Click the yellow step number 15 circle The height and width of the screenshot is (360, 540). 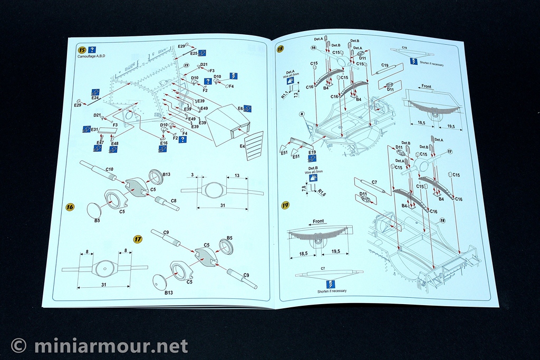[x=82, y=50]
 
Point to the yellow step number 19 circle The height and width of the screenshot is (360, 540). [x=285, y=205]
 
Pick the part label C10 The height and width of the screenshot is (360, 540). [x=110, y=169]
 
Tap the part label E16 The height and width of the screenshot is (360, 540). [x=163, y=143]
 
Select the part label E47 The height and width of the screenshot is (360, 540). [x=100, y=143]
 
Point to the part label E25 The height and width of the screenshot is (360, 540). [x=194, y=53]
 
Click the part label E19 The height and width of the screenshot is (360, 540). [x=312, y=152]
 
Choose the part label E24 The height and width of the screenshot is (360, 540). [x=95, y=98]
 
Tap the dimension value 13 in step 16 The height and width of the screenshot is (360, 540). [x=237, y=176]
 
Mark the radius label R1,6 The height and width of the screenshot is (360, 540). [x=322, y=193]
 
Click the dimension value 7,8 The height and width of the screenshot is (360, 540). [x=303, y=188]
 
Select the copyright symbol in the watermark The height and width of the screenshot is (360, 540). [x=19, y=346]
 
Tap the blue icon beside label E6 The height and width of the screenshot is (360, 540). [x=248, y=109]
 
